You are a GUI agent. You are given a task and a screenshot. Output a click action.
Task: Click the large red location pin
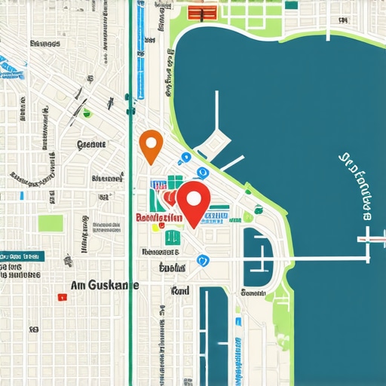(x=195, y=200)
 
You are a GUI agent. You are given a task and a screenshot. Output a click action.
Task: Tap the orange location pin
(x=152, y=144)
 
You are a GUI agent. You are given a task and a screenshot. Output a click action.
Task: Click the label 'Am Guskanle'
(x=104, y=286)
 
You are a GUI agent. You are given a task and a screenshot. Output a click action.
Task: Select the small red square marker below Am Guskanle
(x=60, y=297)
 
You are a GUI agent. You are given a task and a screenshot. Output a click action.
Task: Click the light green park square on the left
(x=51, y=223)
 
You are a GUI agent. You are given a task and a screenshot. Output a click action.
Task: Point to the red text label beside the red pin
(x=158, y=218)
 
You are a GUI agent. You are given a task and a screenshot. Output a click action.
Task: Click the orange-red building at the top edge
(x=198, y=12)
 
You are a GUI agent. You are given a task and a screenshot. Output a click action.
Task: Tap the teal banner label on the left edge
(x=21, y=256)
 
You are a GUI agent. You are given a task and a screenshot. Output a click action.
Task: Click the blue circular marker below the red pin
(x=201, y=260)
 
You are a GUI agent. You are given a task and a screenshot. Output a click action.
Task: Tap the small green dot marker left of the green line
(x=87, y=114)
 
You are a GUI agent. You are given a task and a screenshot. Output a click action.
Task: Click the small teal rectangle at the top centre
(x=290, y=5)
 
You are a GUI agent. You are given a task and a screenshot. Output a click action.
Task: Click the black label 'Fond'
(x=179, y=290)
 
